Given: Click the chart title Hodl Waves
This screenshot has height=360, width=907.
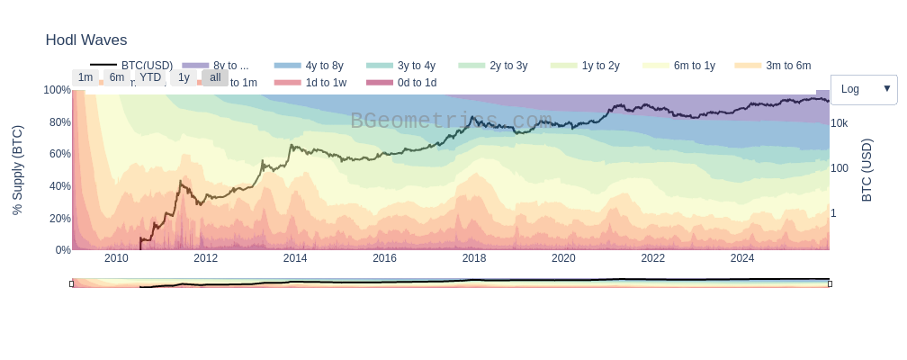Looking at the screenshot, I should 86,40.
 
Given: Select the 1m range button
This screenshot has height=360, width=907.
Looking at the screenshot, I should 85,77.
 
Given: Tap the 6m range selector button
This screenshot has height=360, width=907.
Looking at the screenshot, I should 117,77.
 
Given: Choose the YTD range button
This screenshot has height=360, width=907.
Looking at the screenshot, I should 150,77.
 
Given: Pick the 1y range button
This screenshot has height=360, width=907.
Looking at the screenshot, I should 184,77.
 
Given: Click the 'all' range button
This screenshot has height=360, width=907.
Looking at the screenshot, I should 215,77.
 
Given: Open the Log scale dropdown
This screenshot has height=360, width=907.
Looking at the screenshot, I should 864,89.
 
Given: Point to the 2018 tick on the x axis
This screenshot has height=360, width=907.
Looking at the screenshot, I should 474,258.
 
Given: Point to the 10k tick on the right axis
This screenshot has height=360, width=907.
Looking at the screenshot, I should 839,123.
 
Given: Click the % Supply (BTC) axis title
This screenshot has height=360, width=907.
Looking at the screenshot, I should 17,170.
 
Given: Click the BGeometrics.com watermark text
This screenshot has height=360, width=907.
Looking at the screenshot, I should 451,121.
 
